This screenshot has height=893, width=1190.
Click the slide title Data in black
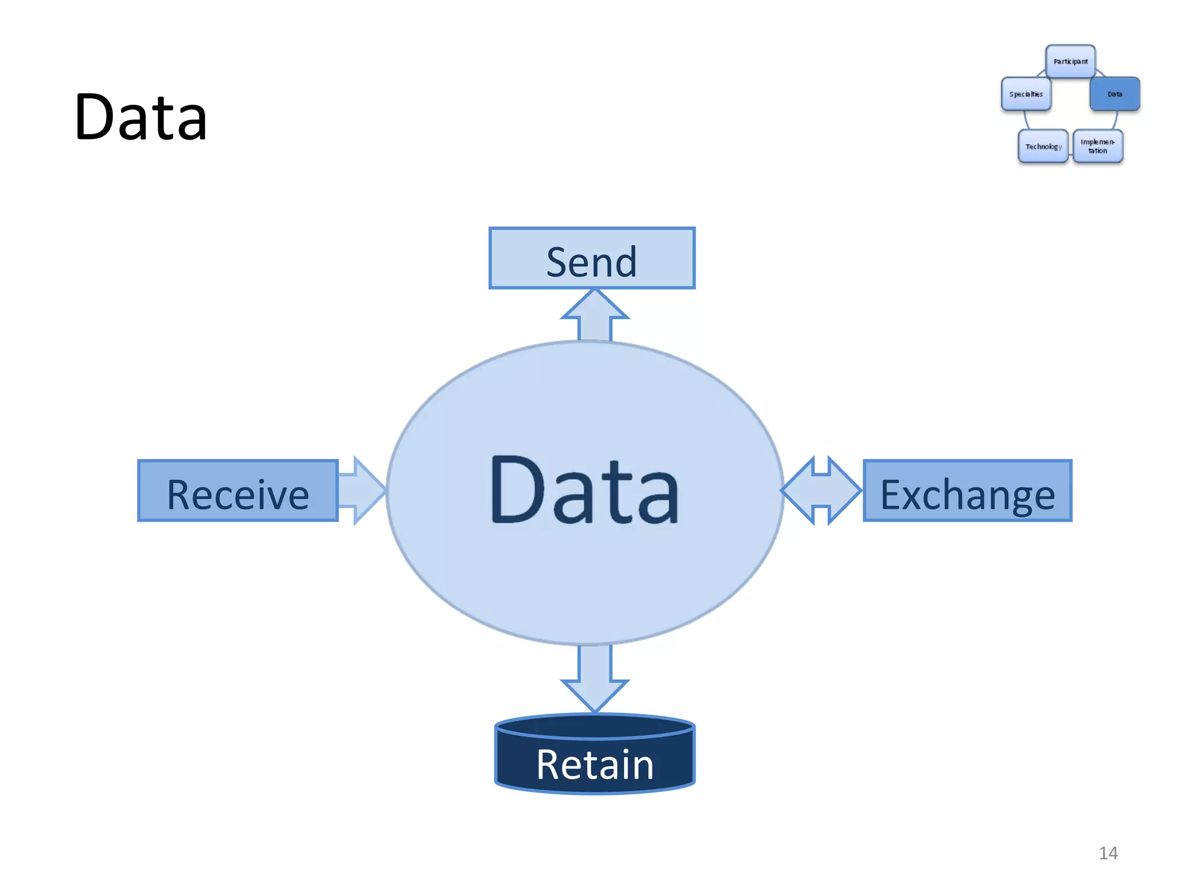[141, 117]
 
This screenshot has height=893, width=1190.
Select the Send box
[592, 258]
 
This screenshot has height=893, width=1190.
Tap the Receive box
[238, 491]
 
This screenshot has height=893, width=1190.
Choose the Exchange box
[967, 491]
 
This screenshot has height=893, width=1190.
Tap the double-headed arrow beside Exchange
[821, 491]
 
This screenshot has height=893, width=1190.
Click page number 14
[1108, 853]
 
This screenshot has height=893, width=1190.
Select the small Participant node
[1070, 61]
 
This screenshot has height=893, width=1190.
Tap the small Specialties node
[1026, 94]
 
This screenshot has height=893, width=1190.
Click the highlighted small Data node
[1114, 94]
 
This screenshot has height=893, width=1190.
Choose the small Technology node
[1043, 146]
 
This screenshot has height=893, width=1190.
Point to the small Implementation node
[1098, 146]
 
